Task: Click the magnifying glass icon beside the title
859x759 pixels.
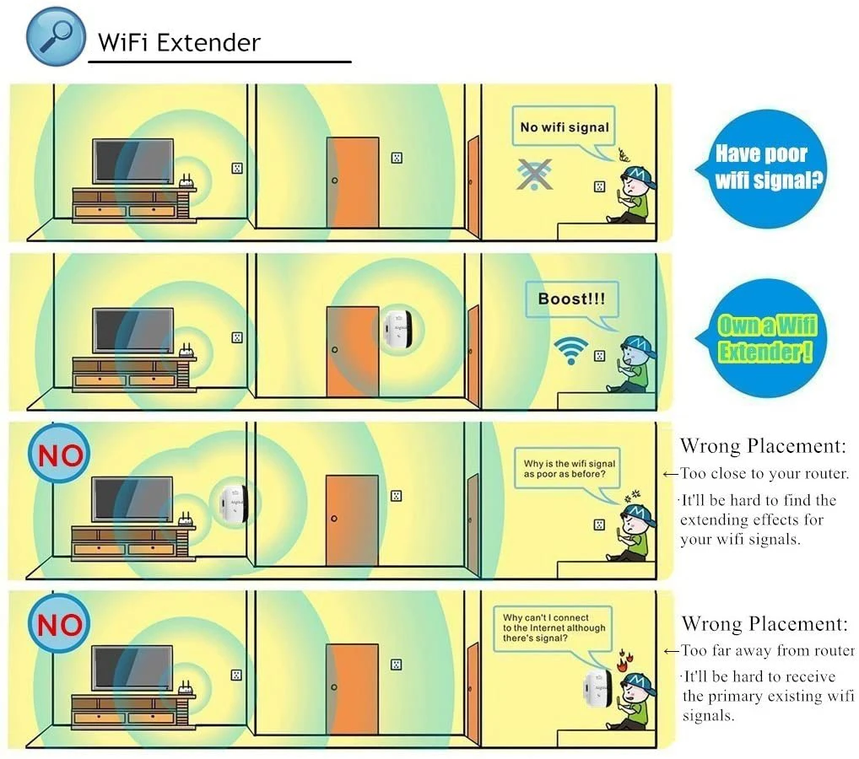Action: tap(56, 35)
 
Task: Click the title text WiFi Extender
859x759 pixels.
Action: tap(179, 42)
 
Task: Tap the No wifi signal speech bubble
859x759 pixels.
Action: tap(564, 127)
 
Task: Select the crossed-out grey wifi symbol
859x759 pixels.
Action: tap(534, 174)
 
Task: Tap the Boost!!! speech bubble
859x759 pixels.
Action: tap(571, 299)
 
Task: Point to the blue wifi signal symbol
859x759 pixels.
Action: tap(571, 349)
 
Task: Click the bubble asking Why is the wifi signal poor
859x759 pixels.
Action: tap(569, 469)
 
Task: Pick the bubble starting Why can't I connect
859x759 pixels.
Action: tap(554, 628)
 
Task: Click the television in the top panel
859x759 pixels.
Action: tap(132, 160)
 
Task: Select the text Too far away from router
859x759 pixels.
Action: tap(767, 651)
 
